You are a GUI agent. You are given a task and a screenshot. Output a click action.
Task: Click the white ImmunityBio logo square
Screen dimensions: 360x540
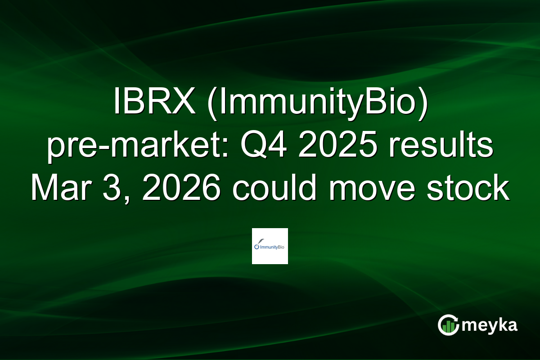click(270, 246)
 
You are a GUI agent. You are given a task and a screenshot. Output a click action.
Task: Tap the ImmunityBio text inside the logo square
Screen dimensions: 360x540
click(272, 247)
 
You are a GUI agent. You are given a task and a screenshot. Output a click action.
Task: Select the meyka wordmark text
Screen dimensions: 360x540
click(491, 325)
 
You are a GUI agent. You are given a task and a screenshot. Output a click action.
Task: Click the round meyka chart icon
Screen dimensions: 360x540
click(448, 325)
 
